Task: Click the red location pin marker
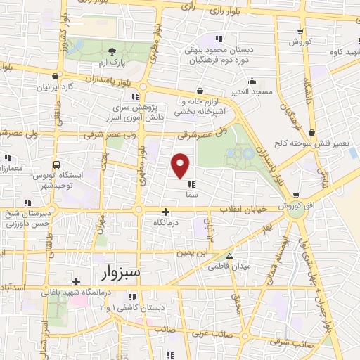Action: (181, 166)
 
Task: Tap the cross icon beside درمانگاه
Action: (165, 212)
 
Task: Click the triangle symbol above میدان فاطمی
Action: (229, 256)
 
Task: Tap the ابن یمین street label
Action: (193, 252)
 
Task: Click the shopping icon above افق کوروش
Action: (296, 195)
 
